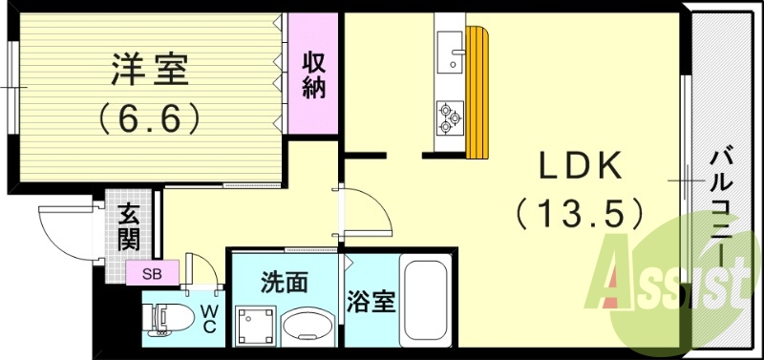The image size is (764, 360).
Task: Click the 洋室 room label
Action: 150,72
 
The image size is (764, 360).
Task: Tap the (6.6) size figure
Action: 150,117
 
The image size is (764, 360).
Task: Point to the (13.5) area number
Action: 579,212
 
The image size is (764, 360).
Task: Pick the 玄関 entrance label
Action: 129,226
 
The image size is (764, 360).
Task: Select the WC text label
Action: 210,319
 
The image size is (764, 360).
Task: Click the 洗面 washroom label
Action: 285,282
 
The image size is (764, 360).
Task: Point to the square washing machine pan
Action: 254,326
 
